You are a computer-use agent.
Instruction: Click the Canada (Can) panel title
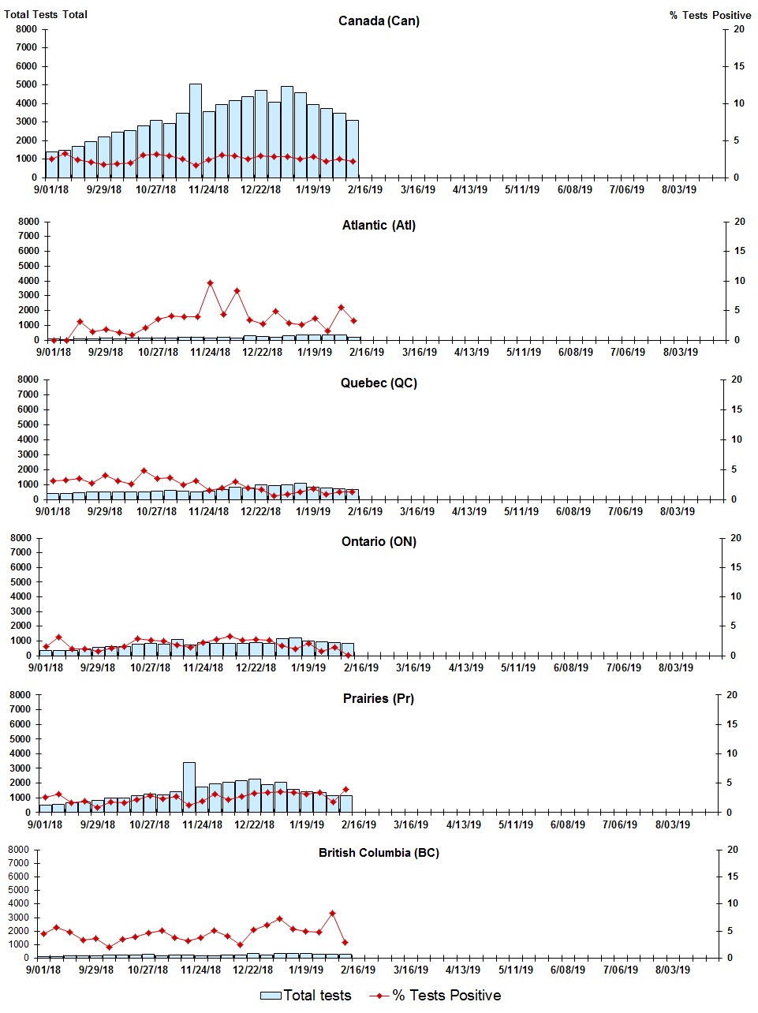(379, 21)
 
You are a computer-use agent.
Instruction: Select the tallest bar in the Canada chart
(196, 130)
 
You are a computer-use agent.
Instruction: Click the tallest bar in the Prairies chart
(189, 787)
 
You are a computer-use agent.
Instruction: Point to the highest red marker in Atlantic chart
(210, 282)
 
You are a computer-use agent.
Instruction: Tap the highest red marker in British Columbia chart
(332, 913)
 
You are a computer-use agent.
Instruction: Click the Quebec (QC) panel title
(379, 383)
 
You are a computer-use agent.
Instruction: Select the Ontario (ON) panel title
(379, 541)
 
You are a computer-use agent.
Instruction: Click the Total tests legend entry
(306, 996)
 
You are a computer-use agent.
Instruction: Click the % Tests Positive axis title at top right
(710, 15)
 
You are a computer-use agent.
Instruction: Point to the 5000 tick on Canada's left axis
(26, 84)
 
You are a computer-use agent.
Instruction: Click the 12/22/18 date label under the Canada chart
(260, 189)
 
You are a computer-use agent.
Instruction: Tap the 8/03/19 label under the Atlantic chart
(680, 352)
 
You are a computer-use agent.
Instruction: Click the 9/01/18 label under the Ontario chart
(46, 667)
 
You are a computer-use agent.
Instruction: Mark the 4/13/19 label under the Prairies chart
(463, 824)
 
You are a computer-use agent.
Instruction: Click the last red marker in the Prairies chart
(345, 789)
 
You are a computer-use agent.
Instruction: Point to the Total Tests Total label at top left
(46, 14)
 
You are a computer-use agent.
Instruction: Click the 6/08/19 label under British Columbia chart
(566, 970)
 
